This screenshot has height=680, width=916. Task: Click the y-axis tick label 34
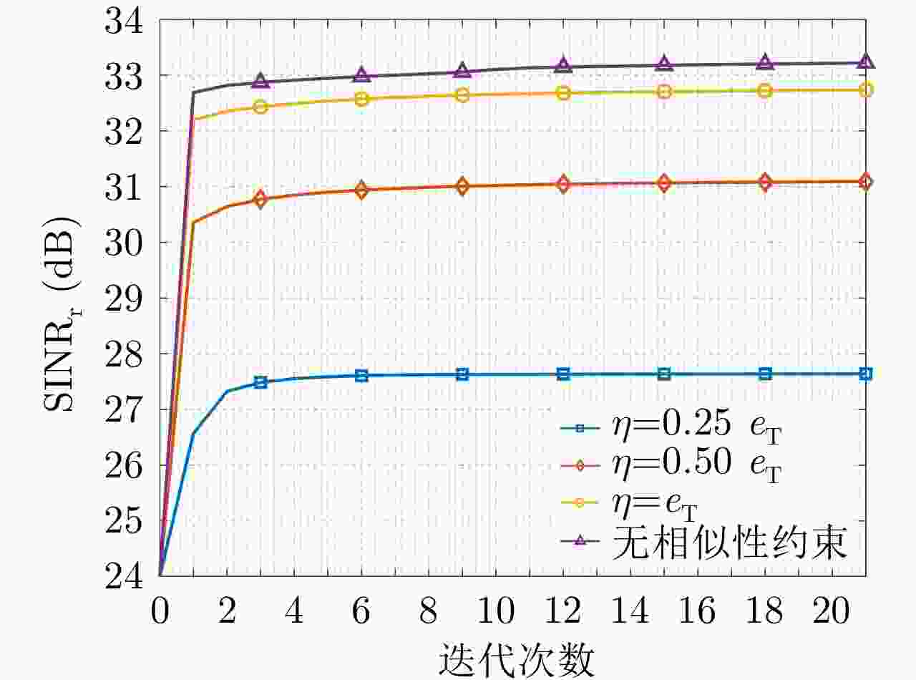[124, 21]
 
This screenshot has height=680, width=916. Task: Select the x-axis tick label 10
[496, 611]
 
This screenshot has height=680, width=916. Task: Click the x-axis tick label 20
[832, 611]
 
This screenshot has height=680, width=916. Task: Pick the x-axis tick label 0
[160, 611]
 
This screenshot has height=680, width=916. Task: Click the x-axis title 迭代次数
[516, 660]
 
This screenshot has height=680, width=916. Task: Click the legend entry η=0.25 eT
[671, 428]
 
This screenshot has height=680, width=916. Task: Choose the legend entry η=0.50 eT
[671, 465]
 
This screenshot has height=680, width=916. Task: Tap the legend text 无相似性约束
[730, 542]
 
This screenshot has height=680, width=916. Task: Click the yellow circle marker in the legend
[580, 502]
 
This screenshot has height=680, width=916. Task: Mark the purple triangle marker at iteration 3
[260, 80]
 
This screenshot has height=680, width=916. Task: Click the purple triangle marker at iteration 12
[563, 64]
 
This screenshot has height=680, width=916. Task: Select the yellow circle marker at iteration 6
[361, 99]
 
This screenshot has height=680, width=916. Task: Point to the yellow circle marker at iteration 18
[765, 90]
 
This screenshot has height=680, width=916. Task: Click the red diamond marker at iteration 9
[462, 186]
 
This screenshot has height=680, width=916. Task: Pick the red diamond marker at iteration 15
[664, 183]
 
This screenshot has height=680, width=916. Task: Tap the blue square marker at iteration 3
[260, 382]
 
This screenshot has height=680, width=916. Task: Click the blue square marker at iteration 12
[563, 374]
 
